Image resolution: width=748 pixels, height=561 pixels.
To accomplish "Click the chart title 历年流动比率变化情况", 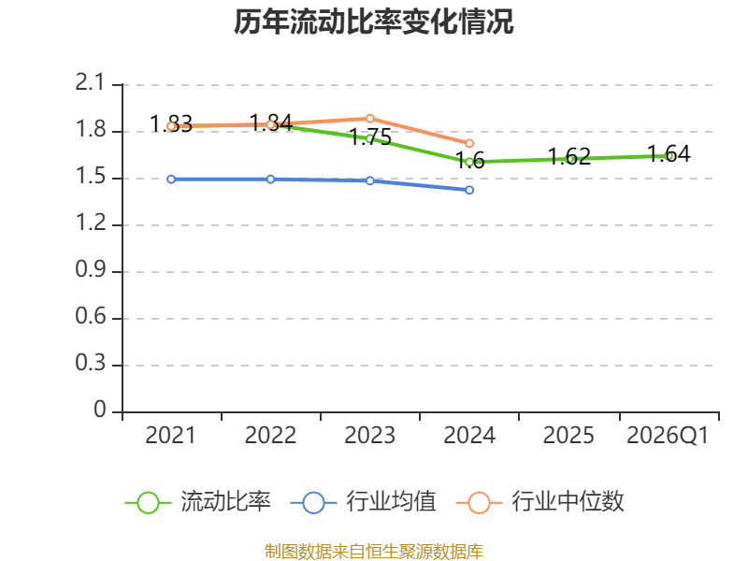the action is [x=373, y=22].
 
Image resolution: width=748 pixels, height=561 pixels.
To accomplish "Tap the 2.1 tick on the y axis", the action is [x=90, y=82].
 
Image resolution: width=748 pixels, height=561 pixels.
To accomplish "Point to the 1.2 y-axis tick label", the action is [x=90, y=223].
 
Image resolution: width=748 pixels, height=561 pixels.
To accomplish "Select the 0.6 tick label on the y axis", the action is [x=90, y=316].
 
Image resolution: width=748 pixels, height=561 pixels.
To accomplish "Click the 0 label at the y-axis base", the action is [x=100, y=410].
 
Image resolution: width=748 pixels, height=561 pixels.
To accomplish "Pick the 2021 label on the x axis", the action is [x=170, y=436].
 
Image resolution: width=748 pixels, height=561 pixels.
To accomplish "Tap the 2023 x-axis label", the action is [x=369, y=436].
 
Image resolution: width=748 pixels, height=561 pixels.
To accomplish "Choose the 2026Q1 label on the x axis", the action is [x=668, y=436].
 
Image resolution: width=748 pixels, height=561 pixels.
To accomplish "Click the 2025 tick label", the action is [x=568, y=436].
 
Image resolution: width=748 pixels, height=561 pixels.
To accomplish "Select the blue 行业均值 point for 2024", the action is [x=469, y=191].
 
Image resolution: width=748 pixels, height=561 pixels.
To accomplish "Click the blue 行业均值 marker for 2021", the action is [x=171, y=180].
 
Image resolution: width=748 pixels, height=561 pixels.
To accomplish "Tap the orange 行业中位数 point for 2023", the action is [x=369, y=119].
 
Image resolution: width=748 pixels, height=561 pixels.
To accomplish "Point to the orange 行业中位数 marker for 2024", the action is [x=469, y=143].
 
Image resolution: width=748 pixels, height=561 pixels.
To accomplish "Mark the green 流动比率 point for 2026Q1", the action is [x=670, y=156].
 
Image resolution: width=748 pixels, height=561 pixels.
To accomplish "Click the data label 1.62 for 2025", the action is [x=569, y=156].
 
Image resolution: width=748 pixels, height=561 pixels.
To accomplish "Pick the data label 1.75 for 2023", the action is [x=370, y=137].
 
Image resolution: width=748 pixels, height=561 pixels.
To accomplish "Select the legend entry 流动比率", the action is [x=197, y=502].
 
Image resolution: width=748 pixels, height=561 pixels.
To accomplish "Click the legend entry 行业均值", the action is [x=363, y=502].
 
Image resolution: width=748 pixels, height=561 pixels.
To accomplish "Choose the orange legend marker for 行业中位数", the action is [x=479, y=503].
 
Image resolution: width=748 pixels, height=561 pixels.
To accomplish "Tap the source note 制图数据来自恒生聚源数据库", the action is [x=374, y=552].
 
